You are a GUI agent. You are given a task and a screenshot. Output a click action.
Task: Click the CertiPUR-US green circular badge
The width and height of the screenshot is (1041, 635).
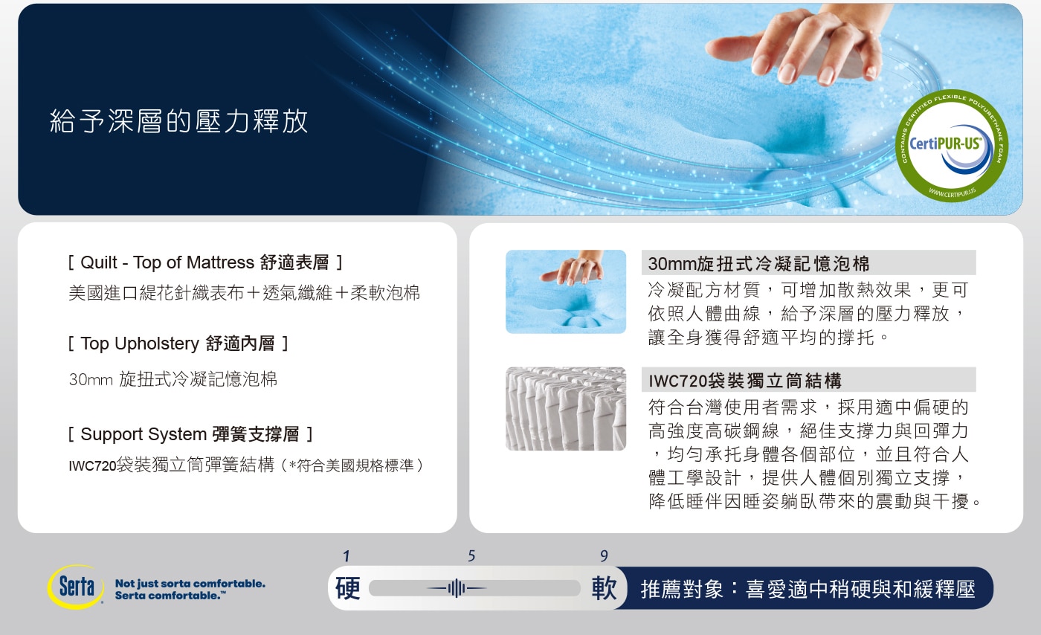pos(951,146)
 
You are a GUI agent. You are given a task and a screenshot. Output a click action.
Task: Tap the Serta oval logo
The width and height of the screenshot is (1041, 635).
pos(76,587)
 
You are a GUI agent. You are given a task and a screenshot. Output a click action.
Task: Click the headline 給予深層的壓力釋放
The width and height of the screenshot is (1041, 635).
pos(179,121)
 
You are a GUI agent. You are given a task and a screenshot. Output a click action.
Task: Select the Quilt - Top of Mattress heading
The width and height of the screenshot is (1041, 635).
pos(205,262)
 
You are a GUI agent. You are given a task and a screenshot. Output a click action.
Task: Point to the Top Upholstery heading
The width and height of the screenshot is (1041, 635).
pos(178,344)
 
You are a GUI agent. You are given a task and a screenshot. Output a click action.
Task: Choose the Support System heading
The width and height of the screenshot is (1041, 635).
pos(190,434)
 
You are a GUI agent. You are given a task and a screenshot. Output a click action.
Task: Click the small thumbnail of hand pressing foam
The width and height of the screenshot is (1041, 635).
pos(566,291)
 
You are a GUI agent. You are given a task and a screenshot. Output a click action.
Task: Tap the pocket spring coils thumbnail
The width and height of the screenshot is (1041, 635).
pos(566,409)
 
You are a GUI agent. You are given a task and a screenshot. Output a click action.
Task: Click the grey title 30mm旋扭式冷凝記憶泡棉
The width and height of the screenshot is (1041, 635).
pos(758,263)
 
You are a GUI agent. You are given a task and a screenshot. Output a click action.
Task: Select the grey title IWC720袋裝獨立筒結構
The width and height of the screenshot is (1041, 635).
pos(745,381)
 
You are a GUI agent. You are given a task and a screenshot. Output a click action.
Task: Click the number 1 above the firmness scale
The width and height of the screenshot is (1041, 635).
pos(347,556)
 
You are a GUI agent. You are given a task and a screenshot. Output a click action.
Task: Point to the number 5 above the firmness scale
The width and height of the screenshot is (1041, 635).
pos(471,555)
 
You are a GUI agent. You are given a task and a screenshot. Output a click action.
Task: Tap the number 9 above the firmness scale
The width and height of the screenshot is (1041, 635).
pos(604,555)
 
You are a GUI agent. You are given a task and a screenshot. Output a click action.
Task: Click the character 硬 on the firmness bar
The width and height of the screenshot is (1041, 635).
pos(348,588)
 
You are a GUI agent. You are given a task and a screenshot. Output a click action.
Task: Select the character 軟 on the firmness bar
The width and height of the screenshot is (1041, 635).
pos(604,588)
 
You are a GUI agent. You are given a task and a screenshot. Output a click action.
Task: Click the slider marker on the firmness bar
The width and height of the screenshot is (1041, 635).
pos(457,588)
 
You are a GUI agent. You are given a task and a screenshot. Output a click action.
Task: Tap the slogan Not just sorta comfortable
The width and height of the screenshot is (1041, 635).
pos(190,584)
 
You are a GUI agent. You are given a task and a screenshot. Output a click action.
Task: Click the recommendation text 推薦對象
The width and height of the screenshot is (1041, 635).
pos(682,589)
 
